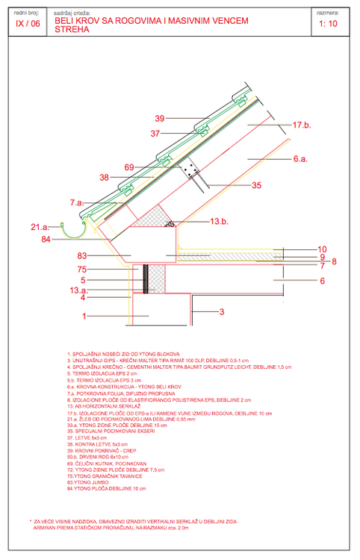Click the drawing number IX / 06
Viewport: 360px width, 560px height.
click(27, 23)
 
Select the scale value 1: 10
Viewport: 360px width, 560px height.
click(328, 24)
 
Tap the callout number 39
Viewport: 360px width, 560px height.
click(159, 118)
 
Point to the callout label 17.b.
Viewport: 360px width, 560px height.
click(302, 125)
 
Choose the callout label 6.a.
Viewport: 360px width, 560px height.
click(301, 159)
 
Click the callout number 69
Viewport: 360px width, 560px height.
click(128, 167)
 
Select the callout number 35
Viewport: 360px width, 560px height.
click(256, 184)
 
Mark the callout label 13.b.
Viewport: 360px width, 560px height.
click(219, 222)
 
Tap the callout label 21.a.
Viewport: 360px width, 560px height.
click(40, 226)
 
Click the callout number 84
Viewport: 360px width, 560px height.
click(46, 239)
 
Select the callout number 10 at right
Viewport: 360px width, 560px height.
click(322, 249)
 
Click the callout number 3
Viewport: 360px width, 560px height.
click(221, 311)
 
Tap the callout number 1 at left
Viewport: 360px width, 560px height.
click(84, 316)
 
